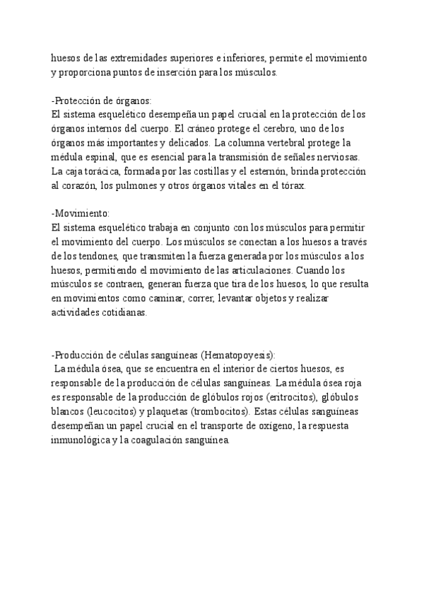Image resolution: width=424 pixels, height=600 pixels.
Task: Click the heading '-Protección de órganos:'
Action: [102, 100]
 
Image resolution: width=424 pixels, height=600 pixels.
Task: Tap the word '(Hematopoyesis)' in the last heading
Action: [237, 354]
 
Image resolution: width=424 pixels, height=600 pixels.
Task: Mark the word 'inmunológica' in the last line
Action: [83, 439]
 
